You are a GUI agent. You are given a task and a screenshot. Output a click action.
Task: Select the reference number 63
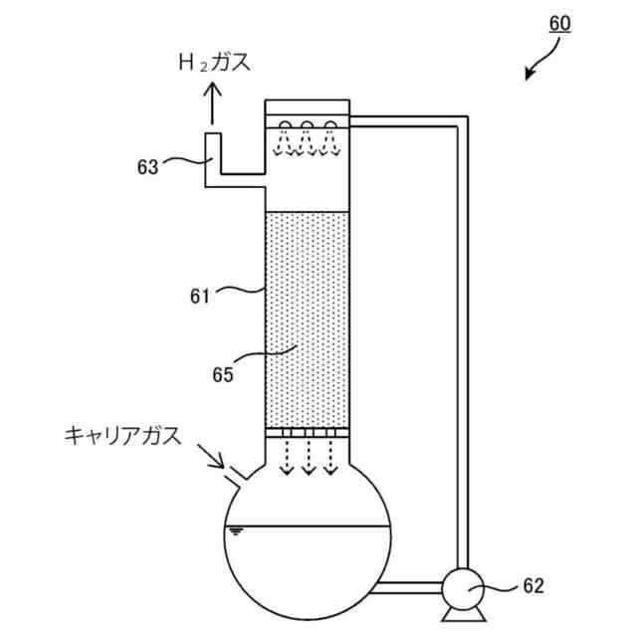(x=148, y=167)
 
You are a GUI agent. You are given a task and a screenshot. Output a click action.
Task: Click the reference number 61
(x=202, y=295)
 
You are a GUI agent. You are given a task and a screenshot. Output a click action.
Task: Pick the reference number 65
(x=223, y=375)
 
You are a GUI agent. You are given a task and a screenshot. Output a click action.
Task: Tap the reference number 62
(x=533, y=586)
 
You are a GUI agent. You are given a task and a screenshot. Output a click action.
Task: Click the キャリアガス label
(x=122, y=435)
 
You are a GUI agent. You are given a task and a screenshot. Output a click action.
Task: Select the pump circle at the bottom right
(x=460, y=588)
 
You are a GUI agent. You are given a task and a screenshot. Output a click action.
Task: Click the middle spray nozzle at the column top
(x=308, y=126)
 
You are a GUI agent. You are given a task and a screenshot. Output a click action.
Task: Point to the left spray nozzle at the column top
(x=286, y=126)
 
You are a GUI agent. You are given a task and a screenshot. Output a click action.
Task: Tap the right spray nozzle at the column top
(x=329, y=126)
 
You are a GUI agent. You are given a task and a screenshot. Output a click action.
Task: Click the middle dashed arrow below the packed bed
(x=308, y=458)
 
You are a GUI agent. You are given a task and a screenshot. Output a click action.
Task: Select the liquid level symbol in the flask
(x=236, y=531)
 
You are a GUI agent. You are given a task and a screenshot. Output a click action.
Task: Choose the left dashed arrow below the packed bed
(x=286, y=458)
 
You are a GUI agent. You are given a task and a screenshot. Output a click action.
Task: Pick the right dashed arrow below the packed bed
(x=329, y=458)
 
